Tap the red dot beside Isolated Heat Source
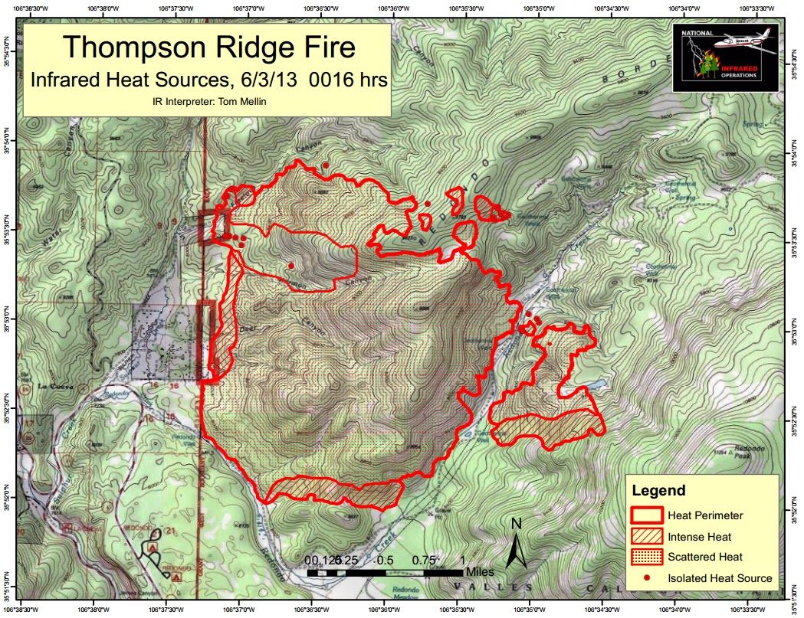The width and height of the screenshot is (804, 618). tap(645, 577)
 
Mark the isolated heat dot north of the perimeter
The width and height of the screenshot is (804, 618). tap(326, 165)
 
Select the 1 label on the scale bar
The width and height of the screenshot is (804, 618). tap(462, 559)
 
